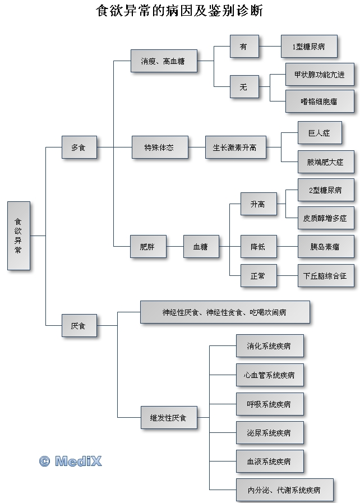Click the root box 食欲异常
tap(19, 236)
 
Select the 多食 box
tap(79, 148)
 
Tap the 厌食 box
tap(79, 325)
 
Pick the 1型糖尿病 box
tap(308, 47)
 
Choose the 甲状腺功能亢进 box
tap(319, 75)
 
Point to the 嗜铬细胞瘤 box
tap(319, 101)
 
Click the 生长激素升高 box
tap(235, 148)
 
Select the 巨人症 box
tap(319, 133)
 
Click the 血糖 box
tap(200, 247)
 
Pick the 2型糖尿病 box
tap(325, 191)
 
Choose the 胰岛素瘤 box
tap(325, 247)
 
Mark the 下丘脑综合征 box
tap(325, 276)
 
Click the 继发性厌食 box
tap(168, 418)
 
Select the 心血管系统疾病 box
tap(270, 375)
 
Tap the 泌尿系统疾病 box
tap(270, 433)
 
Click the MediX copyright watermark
tap(71, 461)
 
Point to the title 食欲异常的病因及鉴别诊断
tap(179, 11)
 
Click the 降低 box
tap(258, 247)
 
